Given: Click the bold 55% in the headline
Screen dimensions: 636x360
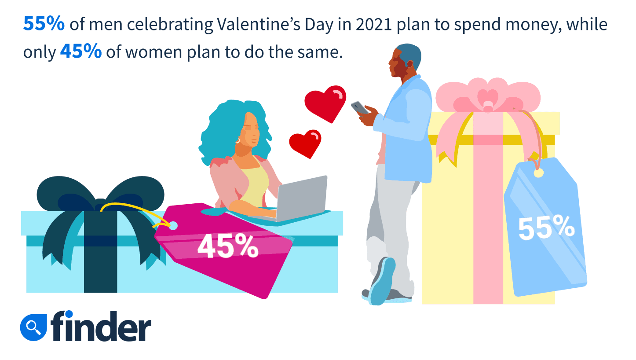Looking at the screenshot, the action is [44, 24].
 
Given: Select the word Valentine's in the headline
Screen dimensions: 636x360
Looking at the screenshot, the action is [259, 25].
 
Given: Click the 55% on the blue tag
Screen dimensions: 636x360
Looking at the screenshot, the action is [546, 228].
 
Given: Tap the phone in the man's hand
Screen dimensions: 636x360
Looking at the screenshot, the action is [360, 108].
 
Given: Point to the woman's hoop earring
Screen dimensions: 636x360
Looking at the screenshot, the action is [238, 141].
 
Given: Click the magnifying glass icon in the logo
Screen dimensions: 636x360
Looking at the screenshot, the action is [33, 327].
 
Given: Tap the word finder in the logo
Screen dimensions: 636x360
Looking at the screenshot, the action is [101, 326].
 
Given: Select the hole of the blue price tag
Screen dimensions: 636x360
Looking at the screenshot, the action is [538, 173].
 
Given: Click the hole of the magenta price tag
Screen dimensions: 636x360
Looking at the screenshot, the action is [173, 226].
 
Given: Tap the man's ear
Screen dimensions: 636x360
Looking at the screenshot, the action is [409, 63].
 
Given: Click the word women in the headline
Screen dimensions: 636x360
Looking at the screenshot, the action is [154, 52].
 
